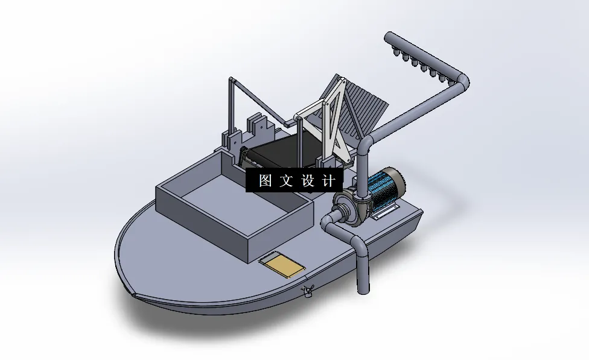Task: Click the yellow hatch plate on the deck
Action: (282, 265)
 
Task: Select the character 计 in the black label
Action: (329, 181)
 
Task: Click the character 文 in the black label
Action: (286, 181)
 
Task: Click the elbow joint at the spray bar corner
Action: (462, 81)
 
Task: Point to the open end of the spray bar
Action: (388, 37)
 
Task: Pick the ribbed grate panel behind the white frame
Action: (362, 109)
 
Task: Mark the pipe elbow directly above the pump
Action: (365, 145)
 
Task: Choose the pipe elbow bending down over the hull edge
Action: (357, 244)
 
